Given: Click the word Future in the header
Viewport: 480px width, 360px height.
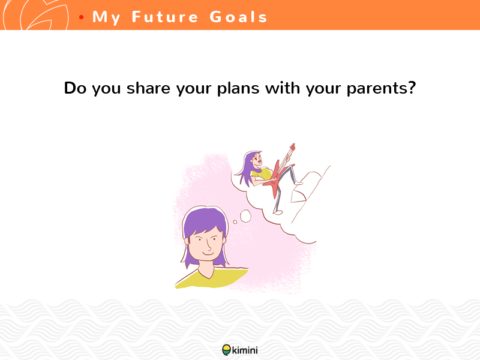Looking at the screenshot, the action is pyautogui.click(x=165, y=17).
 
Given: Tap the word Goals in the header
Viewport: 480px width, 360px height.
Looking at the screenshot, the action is pyautogui.click(x=238, y=17).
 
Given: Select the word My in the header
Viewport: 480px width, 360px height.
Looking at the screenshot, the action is pyautogui.click(x=106, y=17).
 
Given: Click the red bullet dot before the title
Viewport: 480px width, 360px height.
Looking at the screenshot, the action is pyautogui.click(x=81, y=17).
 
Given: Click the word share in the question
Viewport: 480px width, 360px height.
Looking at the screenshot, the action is pyautogui.click(x=148, y=88).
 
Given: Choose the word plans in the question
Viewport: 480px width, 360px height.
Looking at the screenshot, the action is pyautogui.click(x=238, y=89).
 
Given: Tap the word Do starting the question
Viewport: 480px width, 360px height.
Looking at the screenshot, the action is pyautogui.click(x=76, y=88).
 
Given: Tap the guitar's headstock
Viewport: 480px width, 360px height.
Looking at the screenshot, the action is pyautogui.click(x=292, y=147).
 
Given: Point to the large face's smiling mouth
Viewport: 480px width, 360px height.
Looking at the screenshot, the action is pyautogui.click(x=208, y=253).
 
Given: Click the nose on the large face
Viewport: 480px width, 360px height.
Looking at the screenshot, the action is pyautogui.click(x=208, y=244).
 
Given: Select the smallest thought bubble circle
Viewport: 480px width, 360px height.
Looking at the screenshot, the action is pyautogui.click(x=235, y=222).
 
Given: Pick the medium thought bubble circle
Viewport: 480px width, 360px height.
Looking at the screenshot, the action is pyautogui.click(x=245, y=216).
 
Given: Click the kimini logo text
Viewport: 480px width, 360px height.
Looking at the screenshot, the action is pyautogui.click(x=245, y=350).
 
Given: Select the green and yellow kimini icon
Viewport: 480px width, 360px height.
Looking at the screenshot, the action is pyautogui.click(x=227, y=350).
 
